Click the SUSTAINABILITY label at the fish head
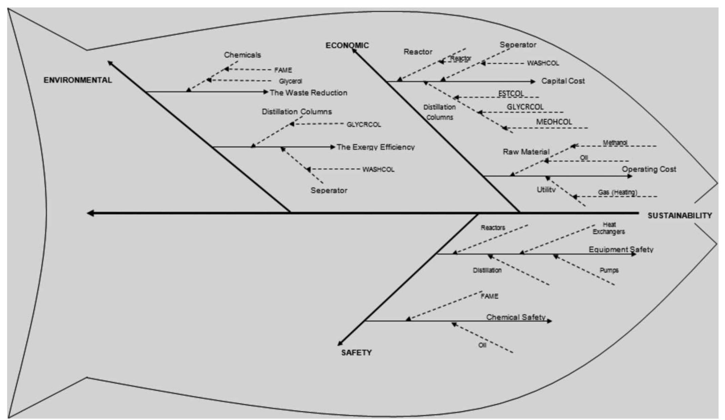[680, 216]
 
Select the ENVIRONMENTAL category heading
[78, 80]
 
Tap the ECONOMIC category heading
[347, 45]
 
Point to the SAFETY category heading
[356, 353]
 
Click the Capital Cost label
[563, 81]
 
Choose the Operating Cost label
[648, 169]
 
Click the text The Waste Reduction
[308, 92]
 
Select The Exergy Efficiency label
[376, 147]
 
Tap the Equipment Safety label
[621, 249]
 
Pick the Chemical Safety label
[516, 317]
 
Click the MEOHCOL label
[554, 122]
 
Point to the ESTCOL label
[511, 93]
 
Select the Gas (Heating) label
[617, 192]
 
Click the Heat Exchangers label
[609, 228]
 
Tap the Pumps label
[609, 270]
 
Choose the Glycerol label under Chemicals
[290, 81]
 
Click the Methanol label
[615, 143]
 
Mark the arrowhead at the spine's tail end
[90, 213]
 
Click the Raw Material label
[526, 152]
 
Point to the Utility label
[546, 190]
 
